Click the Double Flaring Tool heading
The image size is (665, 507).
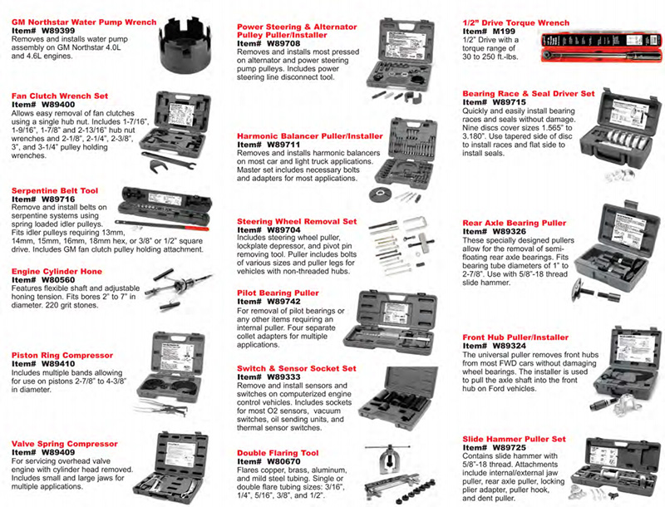[x=278, y=453]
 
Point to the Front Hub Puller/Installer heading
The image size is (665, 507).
[x=527, y=337]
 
